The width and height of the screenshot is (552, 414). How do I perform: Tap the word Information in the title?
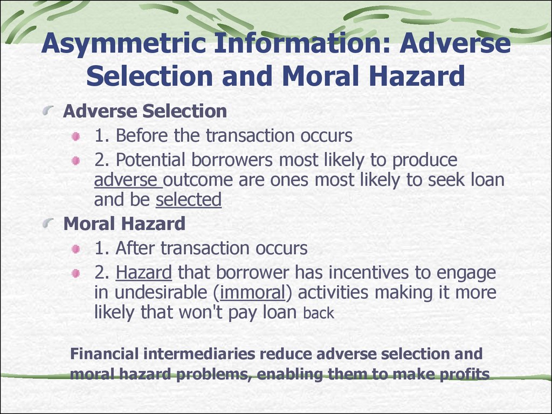coord(302,43)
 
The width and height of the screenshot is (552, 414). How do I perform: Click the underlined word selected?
coord(188,199)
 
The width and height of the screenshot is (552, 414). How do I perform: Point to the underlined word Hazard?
coord(143,272)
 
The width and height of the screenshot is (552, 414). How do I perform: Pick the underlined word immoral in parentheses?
coord(252,292)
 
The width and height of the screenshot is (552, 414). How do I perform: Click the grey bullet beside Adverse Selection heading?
coord(48,111)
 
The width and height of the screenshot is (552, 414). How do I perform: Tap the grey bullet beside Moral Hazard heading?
coord(48,223)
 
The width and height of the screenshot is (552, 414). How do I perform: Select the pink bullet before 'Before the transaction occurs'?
coord(75,136)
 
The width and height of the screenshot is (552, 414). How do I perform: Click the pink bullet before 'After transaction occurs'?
coord(75,249)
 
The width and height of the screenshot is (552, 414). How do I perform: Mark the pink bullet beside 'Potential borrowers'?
coord(75,161)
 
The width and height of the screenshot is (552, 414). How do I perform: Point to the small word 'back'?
coord(318,313)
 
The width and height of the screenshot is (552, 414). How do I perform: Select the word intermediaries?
coord(199,354)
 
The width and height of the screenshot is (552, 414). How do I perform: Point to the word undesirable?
coord(161,292)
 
